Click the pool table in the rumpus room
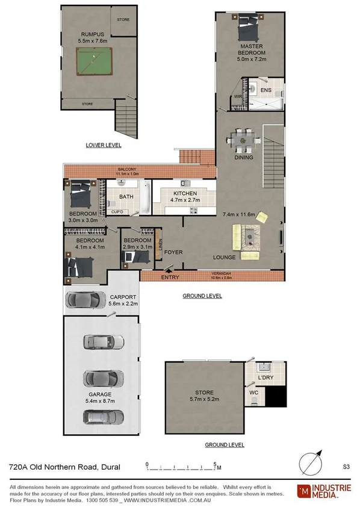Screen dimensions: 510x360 click(95, 63)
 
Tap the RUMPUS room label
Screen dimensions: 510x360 click(90, 34)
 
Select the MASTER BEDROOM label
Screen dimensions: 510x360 click(252, 49)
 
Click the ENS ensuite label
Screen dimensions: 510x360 click(266, 90)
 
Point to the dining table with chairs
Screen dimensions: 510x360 click(244, 141)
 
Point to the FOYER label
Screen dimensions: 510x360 click(173, 252)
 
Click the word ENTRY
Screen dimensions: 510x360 click(170, 278)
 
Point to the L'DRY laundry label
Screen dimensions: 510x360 click(266, 377)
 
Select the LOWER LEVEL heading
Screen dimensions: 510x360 click(104, 145)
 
